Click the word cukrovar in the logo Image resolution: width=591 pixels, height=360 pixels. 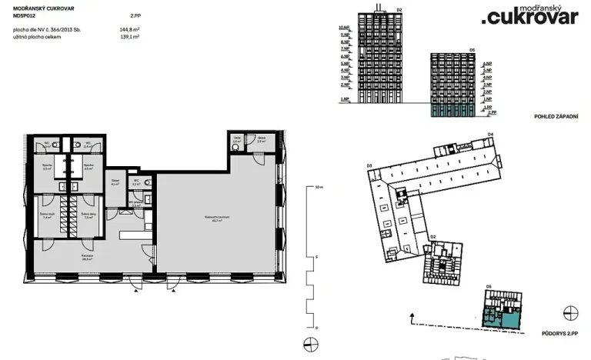[x=532, y=17]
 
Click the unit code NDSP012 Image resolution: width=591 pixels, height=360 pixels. [x=25, y=15]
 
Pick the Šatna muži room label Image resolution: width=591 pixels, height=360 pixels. [x=47, y=217]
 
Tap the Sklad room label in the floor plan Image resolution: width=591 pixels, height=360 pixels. [x=115, y=183]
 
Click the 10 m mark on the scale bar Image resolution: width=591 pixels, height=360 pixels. [x=319, y=187]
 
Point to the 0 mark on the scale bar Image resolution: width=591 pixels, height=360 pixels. [x=317, y=326]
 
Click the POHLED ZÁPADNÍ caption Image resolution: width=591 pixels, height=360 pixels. [x=556, y=115]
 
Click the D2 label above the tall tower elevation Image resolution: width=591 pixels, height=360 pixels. [x=399, y=9]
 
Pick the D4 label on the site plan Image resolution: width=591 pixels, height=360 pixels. [x=490, y=135]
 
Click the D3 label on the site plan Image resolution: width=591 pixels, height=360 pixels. [x=369, y=165]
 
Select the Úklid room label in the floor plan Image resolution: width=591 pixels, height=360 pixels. [x=237, y=141]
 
